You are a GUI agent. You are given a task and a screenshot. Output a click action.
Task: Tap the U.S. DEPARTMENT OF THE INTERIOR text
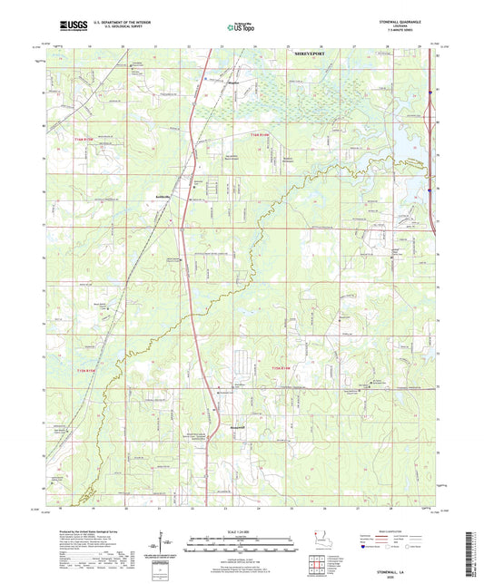click(114, 20)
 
